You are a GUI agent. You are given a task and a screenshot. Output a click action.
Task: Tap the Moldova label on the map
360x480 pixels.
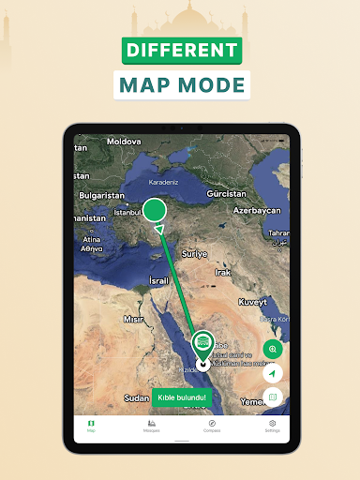click(x=123, y=141)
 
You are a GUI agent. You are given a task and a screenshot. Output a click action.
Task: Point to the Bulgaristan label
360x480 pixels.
click(x=101, y=195)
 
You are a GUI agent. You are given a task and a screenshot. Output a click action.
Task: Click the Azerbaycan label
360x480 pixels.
click(x=258, y=211)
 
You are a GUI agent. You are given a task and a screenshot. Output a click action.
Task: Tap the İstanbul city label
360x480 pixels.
click(x=127, y=213)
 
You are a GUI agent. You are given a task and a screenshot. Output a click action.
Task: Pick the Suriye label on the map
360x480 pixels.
click(x=194, y=254)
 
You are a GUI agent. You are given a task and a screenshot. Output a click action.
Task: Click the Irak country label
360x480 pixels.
click(x=223, y=272)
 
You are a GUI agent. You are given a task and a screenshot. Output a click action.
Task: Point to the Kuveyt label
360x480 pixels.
click(x=253, y=302)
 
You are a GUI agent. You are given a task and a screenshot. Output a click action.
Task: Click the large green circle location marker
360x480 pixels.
click(x=155, y=209)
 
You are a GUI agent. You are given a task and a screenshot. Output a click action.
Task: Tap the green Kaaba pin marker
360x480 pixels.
click(x=203, y=344)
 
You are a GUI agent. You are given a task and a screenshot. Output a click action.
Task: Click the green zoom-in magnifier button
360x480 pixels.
click(x=273, y=349)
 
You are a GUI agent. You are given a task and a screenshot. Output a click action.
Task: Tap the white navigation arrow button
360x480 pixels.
click(x=273, y=373)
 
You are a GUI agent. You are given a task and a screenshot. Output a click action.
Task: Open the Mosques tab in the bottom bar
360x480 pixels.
click(x=151, y=426)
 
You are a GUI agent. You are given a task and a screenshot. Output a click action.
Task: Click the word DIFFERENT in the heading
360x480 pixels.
click(x=181, y=51)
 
